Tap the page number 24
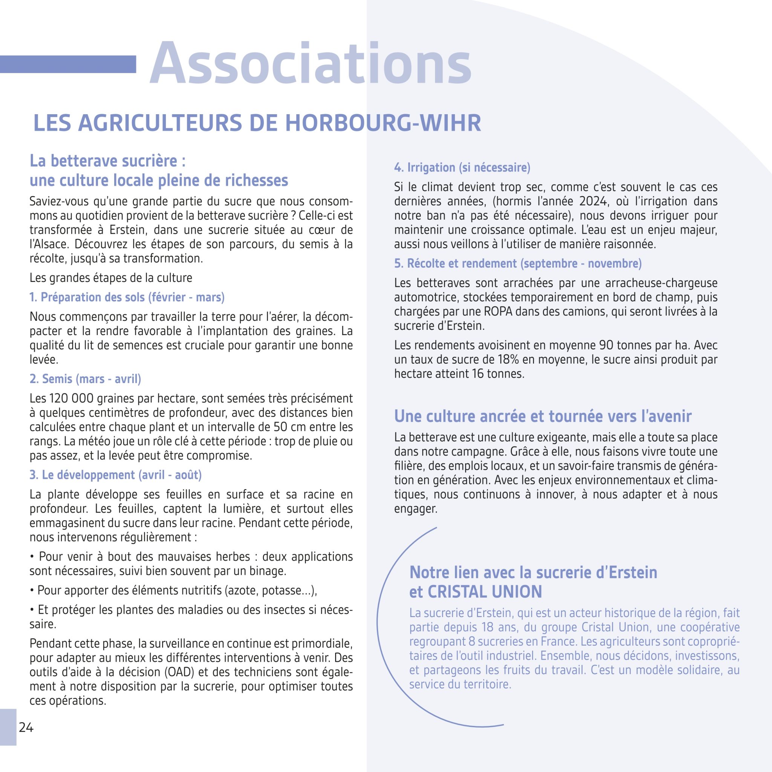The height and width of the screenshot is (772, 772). coord(26,728)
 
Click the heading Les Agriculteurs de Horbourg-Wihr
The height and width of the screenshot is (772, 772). coord(257,123)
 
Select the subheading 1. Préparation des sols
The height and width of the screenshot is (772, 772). coord(127,297)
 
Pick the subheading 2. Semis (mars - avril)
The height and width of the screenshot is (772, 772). coord(85,379)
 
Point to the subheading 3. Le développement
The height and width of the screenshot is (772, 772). coord(115,475)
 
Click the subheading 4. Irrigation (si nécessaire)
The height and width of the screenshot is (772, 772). coord(462,167)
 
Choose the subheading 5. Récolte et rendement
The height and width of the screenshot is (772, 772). coord(518,264)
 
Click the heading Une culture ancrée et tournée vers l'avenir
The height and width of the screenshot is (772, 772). coord(543,417)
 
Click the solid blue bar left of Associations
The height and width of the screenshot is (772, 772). coord(68,64)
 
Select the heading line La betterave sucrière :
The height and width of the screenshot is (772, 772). coord(107,161)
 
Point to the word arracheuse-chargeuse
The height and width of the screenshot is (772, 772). coord(661,283)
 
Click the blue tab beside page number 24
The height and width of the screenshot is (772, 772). coord(8,727)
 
